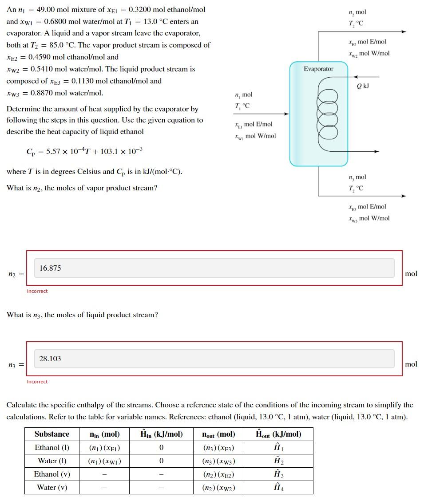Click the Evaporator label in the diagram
click(318, 69)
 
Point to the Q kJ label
click(363, 86)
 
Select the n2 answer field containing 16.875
click(214, 268)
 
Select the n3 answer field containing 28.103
click(214, 359)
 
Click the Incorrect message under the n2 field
click(37, 291)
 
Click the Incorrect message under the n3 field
click(37, 382)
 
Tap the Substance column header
click(52, 434)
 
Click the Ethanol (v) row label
click(52, 474)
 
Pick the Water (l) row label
click(52, 461)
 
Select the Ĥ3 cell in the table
click(279, 474)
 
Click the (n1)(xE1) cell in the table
click(105, 448)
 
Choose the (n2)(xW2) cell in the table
click(218, 488)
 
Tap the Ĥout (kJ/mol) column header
click(279, 434)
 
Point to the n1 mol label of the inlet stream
click(243, 95)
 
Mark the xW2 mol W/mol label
click(369, 53)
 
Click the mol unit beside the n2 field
click(411, 273)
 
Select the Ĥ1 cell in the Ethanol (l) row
click(279, 448)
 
